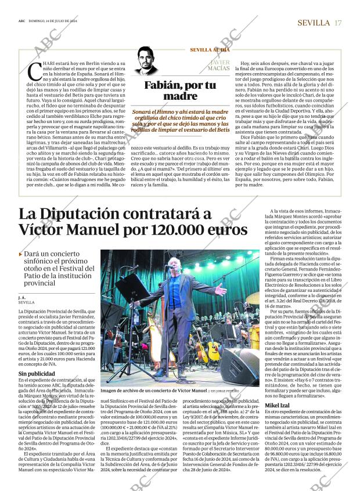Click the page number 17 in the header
[338, 23]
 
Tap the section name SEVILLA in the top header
[314, 23]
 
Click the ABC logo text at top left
[21, 21]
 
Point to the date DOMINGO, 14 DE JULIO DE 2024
[53, 21]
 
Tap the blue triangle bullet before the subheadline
[20, 254]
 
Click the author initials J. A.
[22, 297]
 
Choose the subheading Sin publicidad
[36, 374]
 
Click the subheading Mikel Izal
[280, 404]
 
